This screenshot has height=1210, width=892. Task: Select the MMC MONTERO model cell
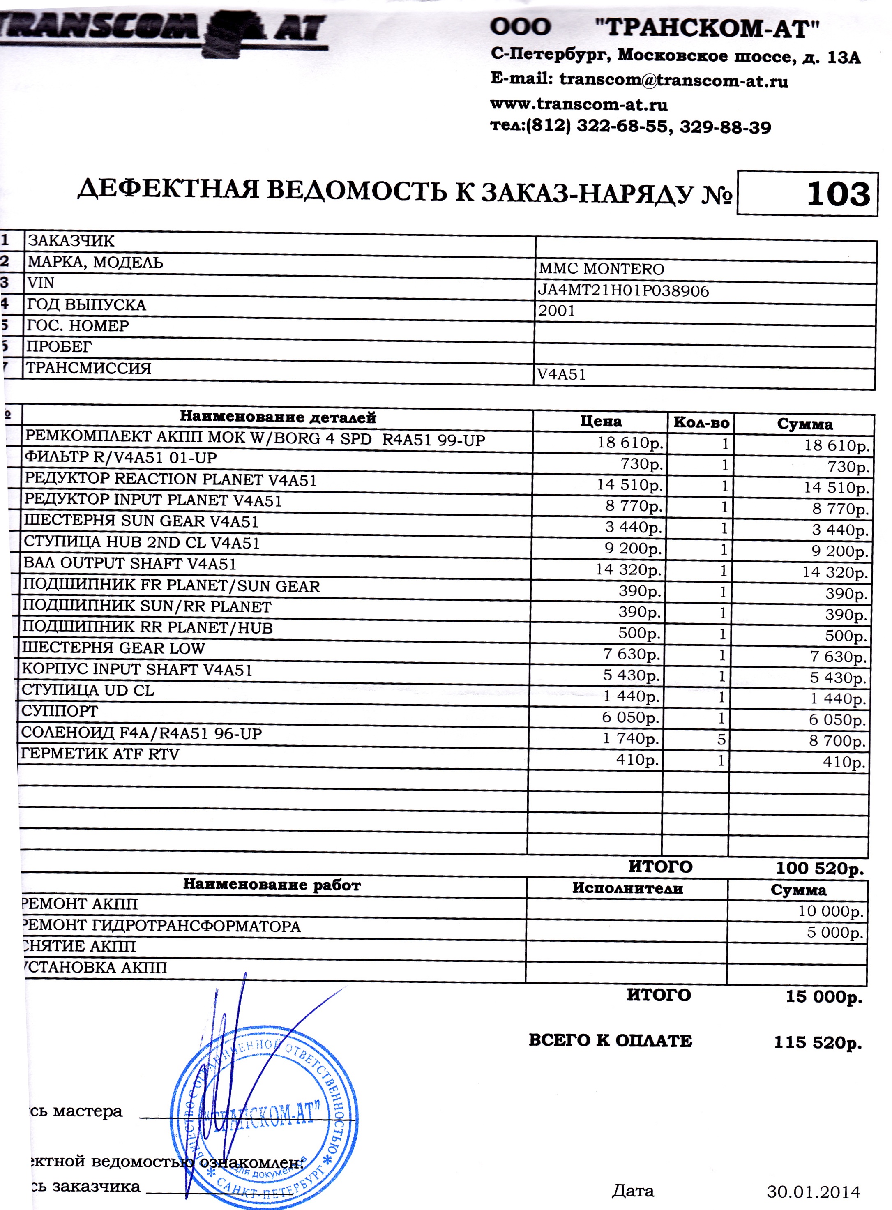(x=601, y=268)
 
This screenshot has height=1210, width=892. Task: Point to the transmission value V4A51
(x=562, y=374)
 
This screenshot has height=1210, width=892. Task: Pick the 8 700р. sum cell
(x=837, y=741)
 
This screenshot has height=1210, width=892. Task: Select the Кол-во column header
(x=701, y=423)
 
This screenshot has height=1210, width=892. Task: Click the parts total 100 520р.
(x=820, y=868)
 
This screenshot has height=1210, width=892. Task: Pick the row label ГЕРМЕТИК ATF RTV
(x=100, y=754)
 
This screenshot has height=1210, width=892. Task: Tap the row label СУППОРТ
(x=60, y=711)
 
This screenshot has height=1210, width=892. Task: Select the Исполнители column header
(x=627, y=888)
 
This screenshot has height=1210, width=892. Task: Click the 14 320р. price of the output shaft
(x=628, y=569)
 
